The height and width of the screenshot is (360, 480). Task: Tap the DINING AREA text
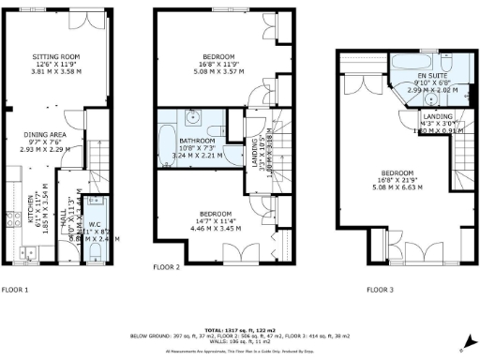coord(52,134)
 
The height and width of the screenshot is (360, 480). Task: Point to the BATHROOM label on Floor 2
coord(187,142)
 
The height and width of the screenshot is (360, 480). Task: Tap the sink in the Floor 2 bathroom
coord(191,119)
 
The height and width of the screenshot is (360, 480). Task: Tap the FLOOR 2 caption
coord(167,266)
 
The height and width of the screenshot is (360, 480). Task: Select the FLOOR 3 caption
coord(381,290)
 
